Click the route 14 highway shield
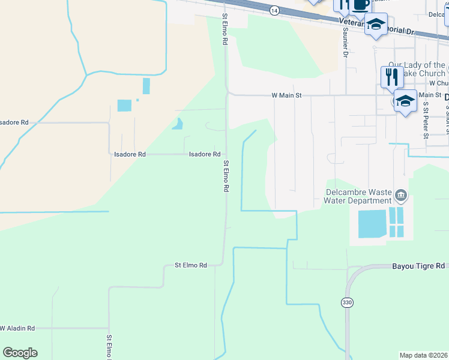(x=274, y=10)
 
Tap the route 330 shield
(x=348, y=303)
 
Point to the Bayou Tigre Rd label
(x=419, y=265)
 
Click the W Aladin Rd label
(x=17, y=328)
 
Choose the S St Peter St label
(x=425, y=119)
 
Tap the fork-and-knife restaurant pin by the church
(x=391, y=77)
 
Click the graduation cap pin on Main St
(x=405, y=100)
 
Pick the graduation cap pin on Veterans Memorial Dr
(x=376, y=25)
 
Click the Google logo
(x=20, y=353)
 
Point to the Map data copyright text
(x=424, y=355)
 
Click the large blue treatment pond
(x=372, y=224)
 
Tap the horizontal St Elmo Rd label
(x=191, y=265)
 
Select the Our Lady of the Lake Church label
(x=416, y=68)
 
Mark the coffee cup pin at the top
(x=361, y=5)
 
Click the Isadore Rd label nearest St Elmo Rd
(x=205, y=154)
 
